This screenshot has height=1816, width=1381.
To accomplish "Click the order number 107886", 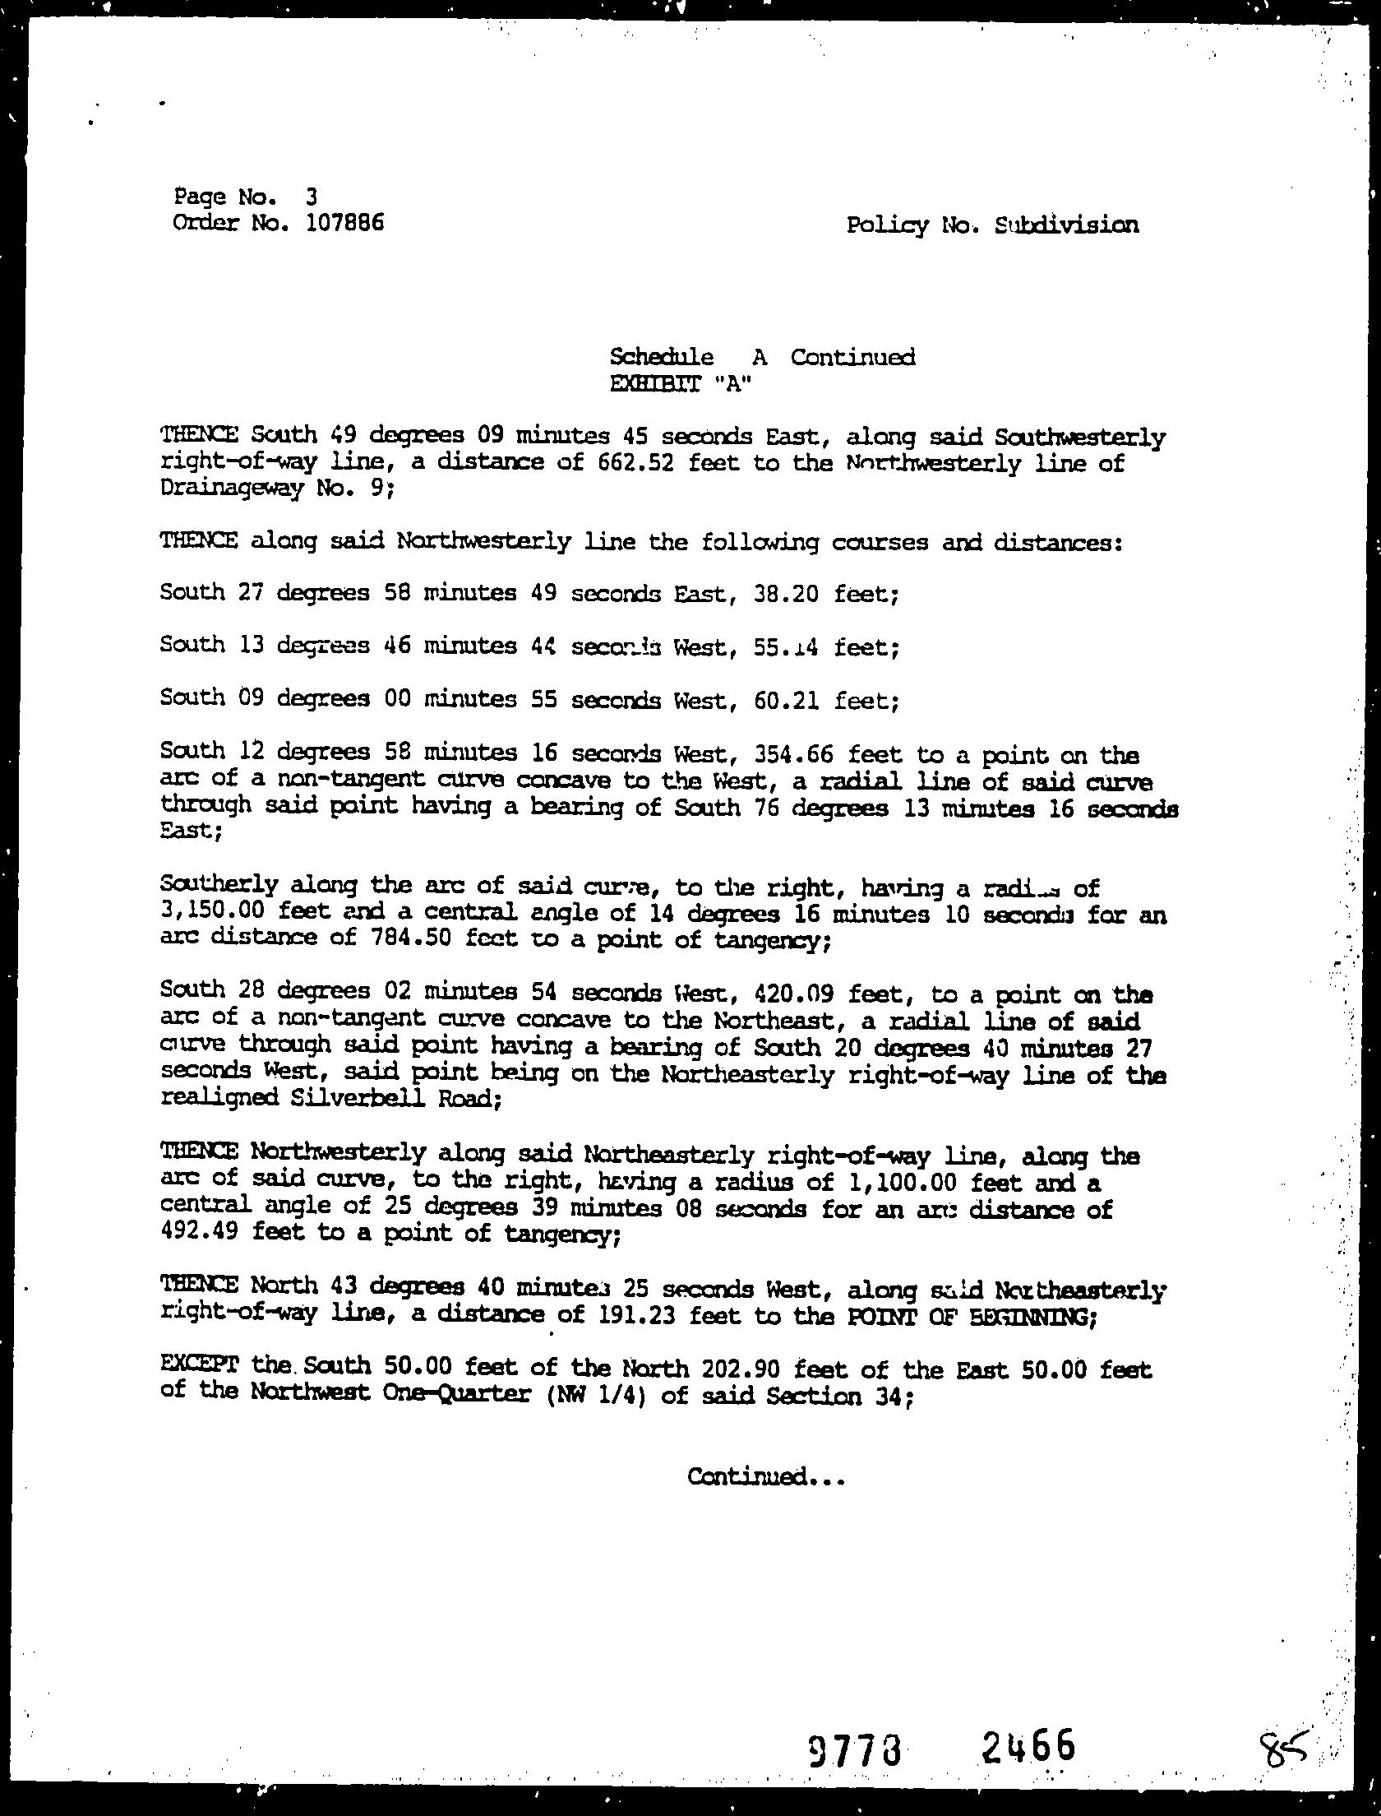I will click(x=344, y=222).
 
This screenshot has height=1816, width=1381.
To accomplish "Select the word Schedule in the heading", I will click(x=661, y=357).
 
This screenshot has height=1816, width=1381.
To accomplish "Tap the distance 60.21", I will click(x=785, y=700).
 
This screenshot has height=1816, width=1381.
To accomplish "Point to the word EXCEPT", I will click(x=200, y=1367).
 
